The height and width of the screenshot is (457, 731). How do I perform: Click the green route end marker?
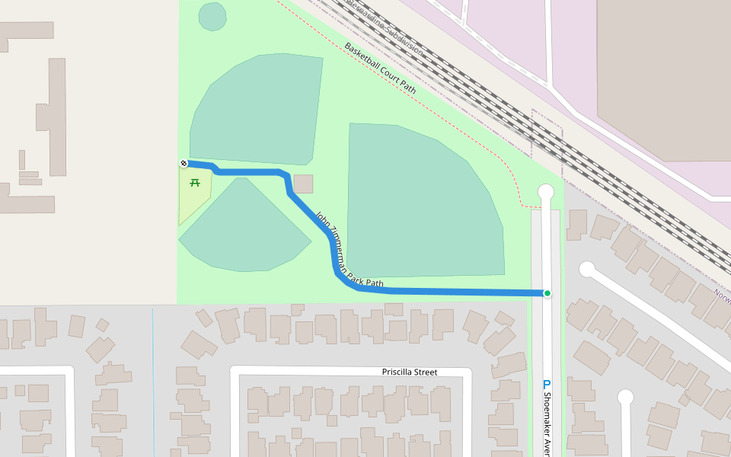click(x=547, y=293)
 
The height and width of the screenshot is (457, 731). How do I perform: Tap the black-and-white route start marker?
click(x=184, y=163)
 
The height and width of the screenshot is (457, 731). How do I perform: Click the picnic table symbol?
click(x=195, y=183)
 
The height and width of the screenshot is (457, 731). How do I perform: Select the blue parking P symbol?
click(x=546, y=385)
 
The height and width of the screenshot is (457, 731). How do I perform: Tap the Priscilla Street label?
click(x=410, y=372)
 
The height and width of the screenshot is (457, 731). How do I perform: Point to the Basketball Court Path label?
click(x=381, y=69)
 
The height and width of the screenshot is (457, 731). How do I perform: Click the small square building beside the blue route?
click(x=303, y=184)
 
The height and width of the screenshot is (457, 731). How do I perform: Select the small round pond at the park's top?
click(x=212, y=16)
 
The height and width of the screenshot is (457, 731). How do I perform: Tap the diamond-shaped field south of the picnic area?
click(x=244, y=228)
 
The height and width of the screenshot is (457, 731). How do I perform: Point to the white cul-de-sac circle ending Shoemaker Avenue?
click(x=545, y=192)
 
